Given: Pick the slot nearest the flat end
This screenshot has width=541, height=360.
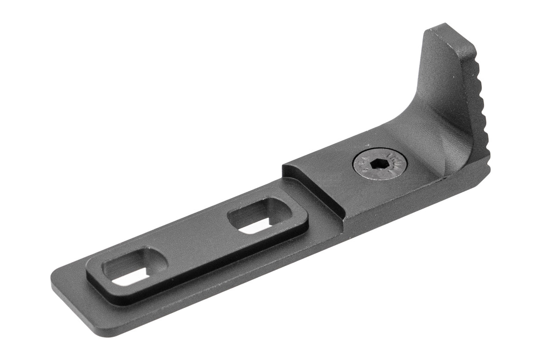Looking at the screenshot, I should (x=134, y=268).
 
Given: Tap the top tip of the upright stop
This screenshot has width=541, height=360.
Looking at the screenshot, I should (x=445, y=29).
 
